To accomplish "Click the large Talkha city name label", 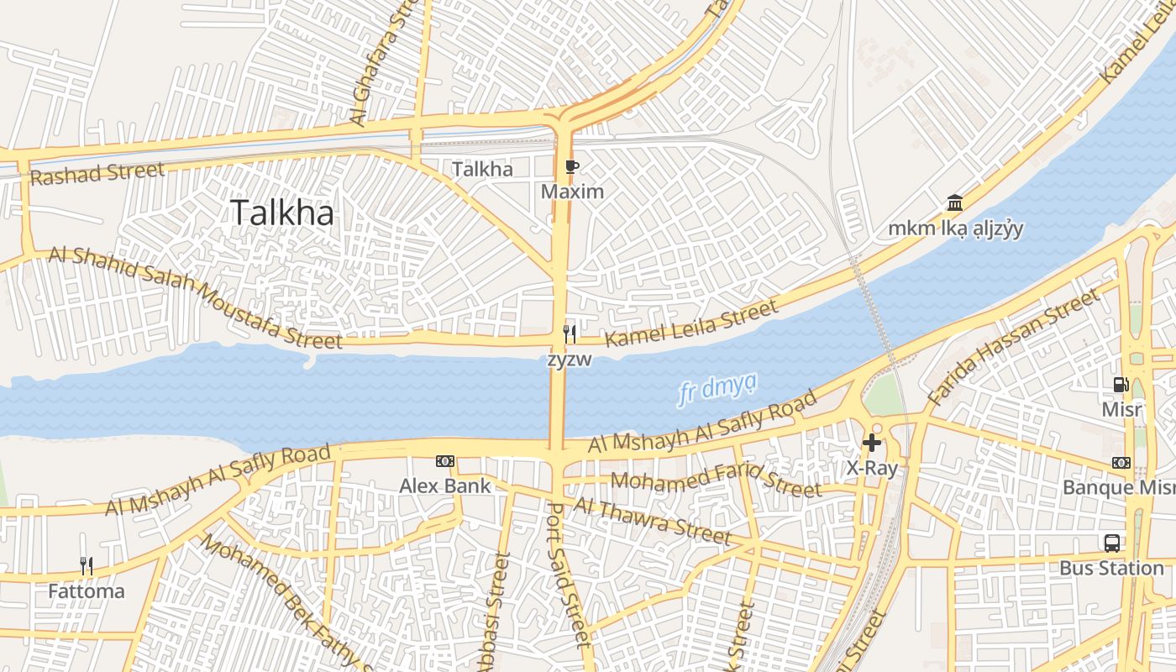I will [281, 213].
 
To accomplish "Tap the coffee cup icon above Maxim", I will [571, 167].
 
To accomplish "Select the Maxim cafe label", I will [572, 192].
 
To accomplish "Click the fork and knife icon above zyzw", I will [570, 334].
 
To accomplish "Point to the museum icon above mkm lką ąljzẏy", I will [955, 202].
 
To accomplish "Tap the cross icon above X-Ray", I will [872, 442].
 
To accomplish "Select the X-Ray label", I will [872, 468].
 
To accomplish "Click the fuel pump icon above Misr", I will [1121, 385].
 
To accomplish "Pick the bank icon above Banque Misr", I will [1121, 463].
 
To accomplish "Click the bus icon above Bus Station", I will [1111, 543].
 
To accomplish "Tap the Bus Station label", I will [1111, 569].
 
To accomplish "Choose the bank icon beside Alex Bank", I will [445, 461].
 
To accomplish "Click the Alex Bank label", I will [445, 486].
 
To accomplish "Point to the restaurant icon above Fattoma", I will [86, 566].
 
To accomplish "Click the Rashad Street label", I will [97, 174].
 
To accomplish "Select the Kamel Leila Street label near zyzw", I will [691, 325].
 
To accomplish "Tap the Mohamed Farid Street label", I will [716, 483].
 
